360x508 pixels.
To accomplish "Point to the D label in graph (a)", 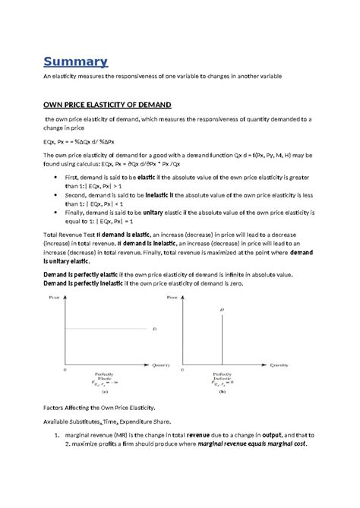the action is (154, 329).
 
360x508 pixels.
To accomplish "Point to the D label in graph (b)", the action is (222, 310).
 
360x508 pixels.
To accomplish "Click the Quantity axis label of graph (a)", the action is (161, 365).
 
